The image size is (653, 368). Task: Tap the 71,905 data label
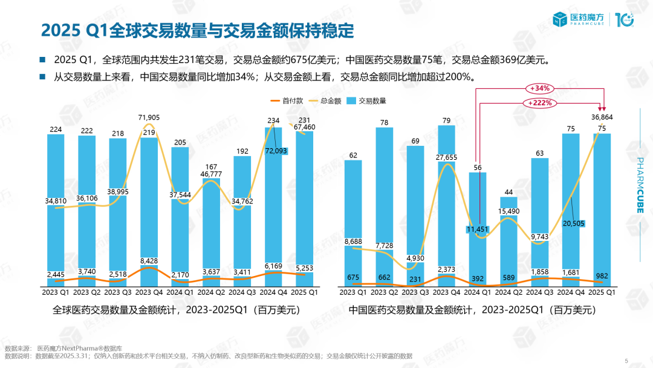[x=149, y=117]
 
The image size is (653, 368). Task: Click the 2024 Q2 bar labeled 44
[x=508, y=242]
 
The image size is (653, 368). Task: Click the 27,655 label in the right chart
[x=446, y=157]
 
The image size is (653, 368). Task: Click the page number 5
[x=626, y=361]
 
